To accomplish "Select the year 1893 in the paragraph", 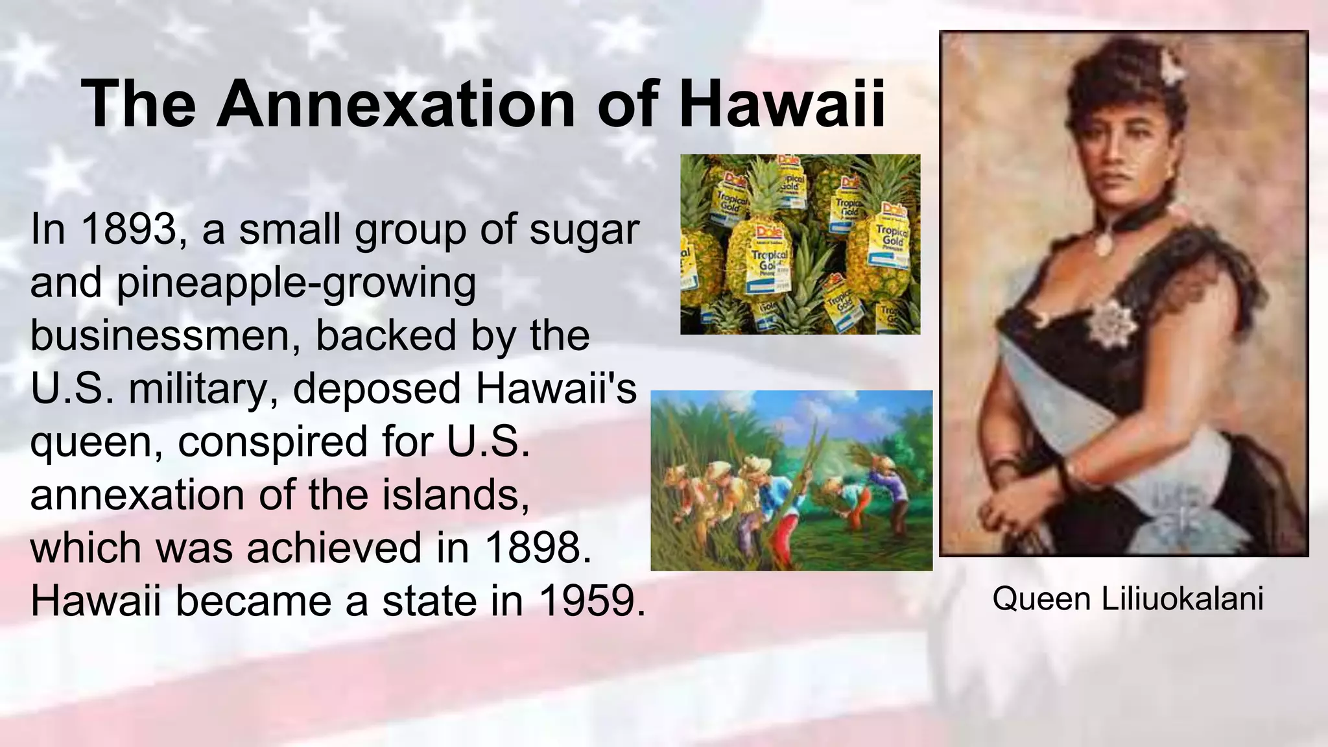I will coord(129,230).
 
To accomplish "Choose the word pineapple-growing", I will coord(295,284).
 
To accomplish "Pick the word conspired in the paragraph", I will coord(272,442).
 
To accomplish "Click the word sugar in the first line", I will coord(584,231).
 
